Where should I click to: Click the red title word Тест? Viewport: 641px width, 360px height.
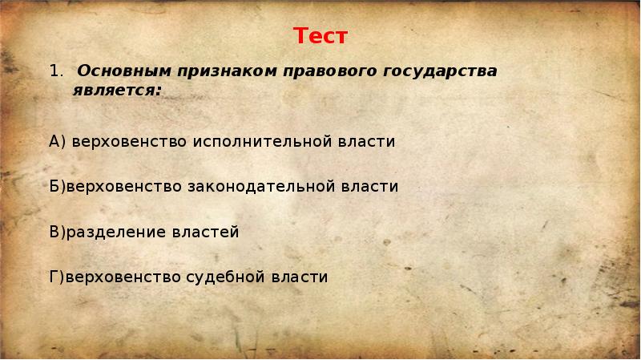point(320,37)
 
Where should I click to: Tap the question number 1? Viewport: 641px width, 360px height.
point(54,71)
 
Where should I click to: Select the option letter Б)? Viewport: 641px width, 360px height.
point(57,186)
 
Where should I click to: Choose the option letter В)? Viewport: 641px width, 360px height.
point(57,232)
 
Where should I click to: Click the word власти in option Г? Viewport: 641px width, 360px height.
point(298,277)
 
